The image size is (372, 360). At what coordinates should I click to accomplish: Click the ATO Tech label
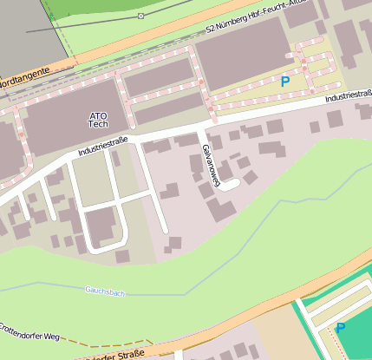[x=98, y=120]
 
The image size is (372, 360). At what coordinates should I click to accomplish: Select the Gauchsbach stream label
[x=105, y=291]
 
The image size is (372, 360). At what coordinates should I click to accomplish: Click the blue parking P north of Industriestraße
[x=285, y=82]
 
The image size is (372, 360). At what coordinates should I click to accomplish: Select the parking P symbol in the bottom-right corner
[x=340, y=328]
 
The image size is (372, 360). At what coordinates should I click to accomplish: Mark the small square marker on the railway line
[x=141, y=16]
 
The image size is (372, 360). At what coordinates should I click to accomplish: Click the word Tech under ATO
[x=98, y=125]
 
